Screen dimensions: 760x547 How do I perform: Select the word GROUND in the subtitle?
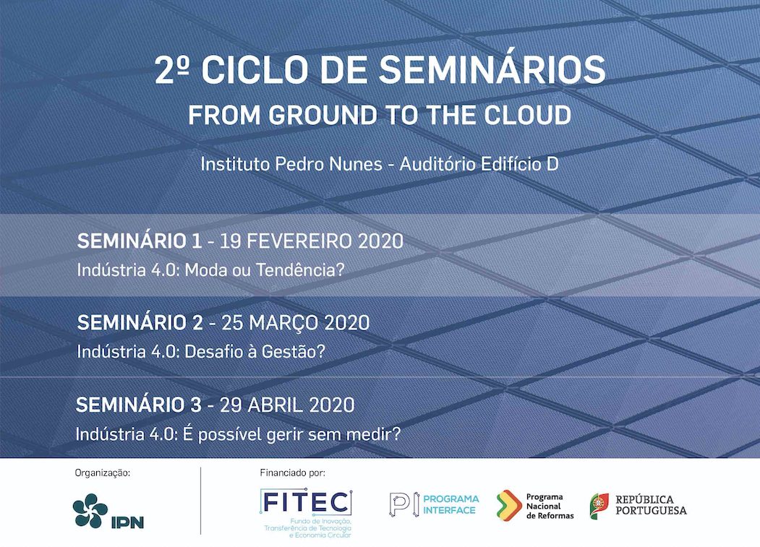[323, 116]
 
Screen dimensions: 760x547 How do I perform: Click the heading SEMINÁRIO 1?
[139, 241]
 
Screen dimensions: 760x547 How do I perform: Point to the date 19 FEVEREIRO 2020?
[312, 241]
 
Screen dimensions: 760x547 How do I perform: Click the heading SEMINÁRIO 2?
[140, 323]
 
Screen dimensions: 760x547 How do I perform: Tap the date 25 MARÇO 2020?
[296, 323]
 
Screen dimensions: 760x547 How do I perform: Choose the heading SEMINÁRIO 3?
[139, 405]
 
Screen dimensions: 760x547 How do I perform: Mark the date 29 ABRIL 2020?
[287, 405]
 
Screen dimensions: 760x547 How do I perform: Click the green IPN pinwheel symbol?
[90, 510]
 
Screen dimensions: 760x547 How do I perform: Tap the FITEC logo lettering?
[305, 502]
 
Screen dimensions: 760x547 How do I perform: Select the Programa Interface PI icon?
[404, 504]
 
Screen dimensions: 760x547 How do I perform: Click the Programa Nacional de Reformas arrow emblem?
[508, 505]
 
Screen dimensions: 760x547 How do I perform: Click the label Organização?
[102, 473]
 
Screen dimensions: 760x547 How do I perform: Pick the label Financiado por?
[293, 473]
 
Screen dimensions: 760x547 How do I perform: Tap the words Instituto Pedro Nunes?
[291, 164]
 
